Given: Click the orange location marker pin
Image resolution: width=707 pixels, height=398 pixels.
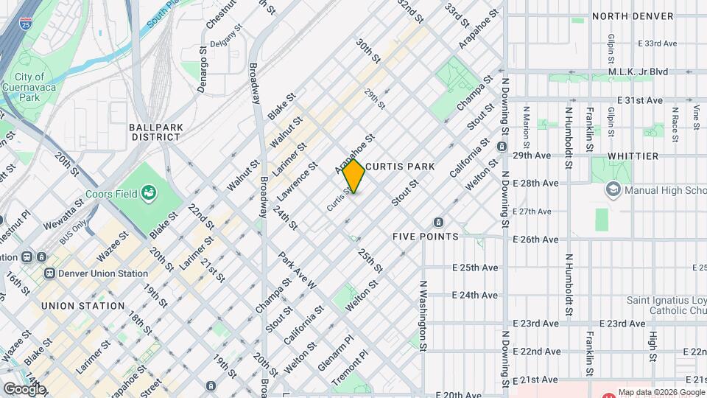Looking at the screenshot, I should pyautogui.click(x=354, y=176).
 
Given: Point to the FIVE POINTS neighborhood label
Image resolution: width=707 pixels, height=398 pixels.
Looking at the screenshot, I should pyautogui.click(x=425, y=237).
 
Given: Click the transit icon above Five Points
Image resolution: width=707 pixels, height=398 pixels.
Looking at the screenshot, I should pyautogui.click(x=438, y=222).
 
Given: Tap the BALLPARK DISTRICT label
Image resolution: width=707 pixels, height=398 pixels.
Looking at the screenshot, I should pyautogui.click(x=155, y=132).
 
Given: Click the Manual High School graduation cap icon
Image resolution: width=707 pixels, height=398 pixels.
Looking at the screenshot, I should pyautogui.click(x=612, y=190).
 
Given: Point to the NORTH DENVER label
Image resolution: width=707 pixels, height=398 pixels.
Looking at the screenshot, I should pyautogui.click(x=633, y=16).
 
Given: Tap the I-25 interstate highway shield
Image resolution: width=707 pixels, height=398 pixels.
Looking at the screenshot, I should pyautogui.click(x=26, y=25).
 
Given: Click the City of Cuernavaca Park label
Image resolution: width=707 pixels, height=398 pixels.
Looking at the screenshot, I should pyautogui.click(x=29, y=86).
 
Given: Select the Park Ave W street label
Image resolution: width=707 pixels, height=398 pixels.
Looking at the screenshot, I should pyautogui.click(x=298, y=270).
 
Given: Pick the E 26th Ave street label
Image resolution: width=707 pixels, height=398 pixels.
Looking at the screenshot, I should pyautogui.click(x=535, y=240).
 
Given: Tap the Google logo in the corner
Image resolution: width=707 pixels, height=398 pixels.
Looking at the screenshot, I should pyautogui.click(x=24, y=388).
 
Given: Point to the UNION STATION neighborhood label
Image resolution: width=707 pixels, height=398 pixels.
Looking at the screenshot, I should pyautogui.click(x=82, y=306).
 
